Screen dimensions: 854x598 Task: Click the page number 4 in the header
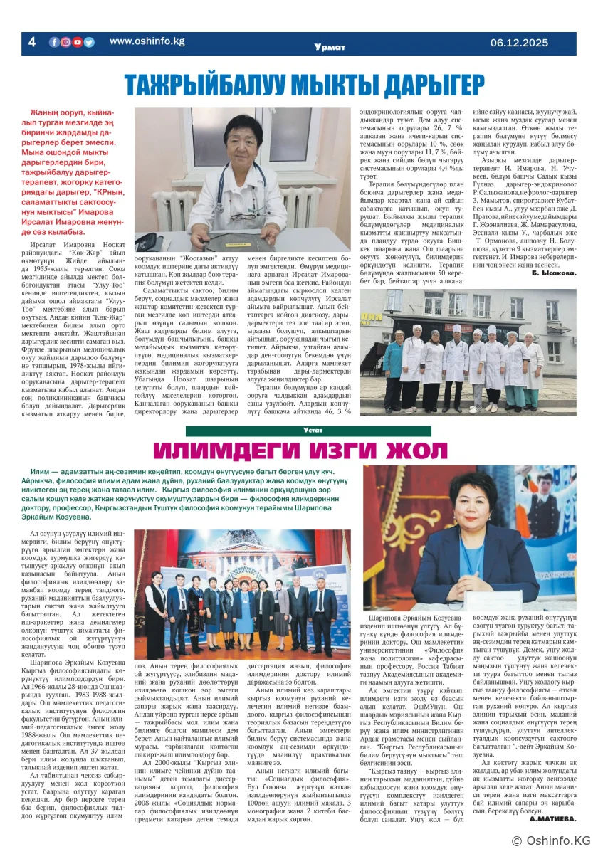31,42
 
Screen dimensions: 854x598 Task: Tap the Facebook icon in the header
54,42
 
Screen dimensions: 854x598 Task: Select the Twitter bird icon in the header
89,42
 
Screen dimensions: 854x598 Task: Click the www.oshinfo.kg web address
147,41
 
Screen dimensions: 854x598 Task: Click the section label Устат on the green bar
313,431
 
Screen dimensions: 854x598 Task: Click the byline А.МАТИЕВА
552,818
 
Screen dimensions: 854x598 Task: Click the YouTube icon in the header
78,42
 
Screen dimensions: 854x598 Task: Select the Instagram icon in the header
65,42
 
